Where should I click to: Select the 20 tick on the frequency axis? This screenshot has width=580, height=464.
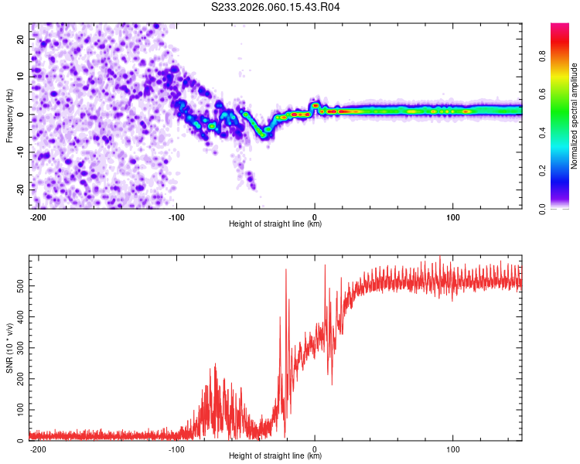21,39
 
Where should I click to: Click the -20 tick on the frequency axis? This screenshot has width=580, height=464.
19,189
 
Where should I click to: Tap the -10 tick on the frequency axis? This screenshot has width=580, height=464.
19,152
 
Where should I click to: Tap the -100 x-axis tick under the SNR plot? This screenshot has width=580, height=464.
176,449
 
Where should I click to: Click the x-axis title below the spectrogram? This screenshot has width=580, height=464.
275,224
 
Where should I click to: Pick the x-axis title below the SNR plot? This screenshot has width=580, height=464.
275,456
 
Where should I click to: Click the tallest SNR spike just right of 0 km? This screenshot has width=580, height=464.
325,266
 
